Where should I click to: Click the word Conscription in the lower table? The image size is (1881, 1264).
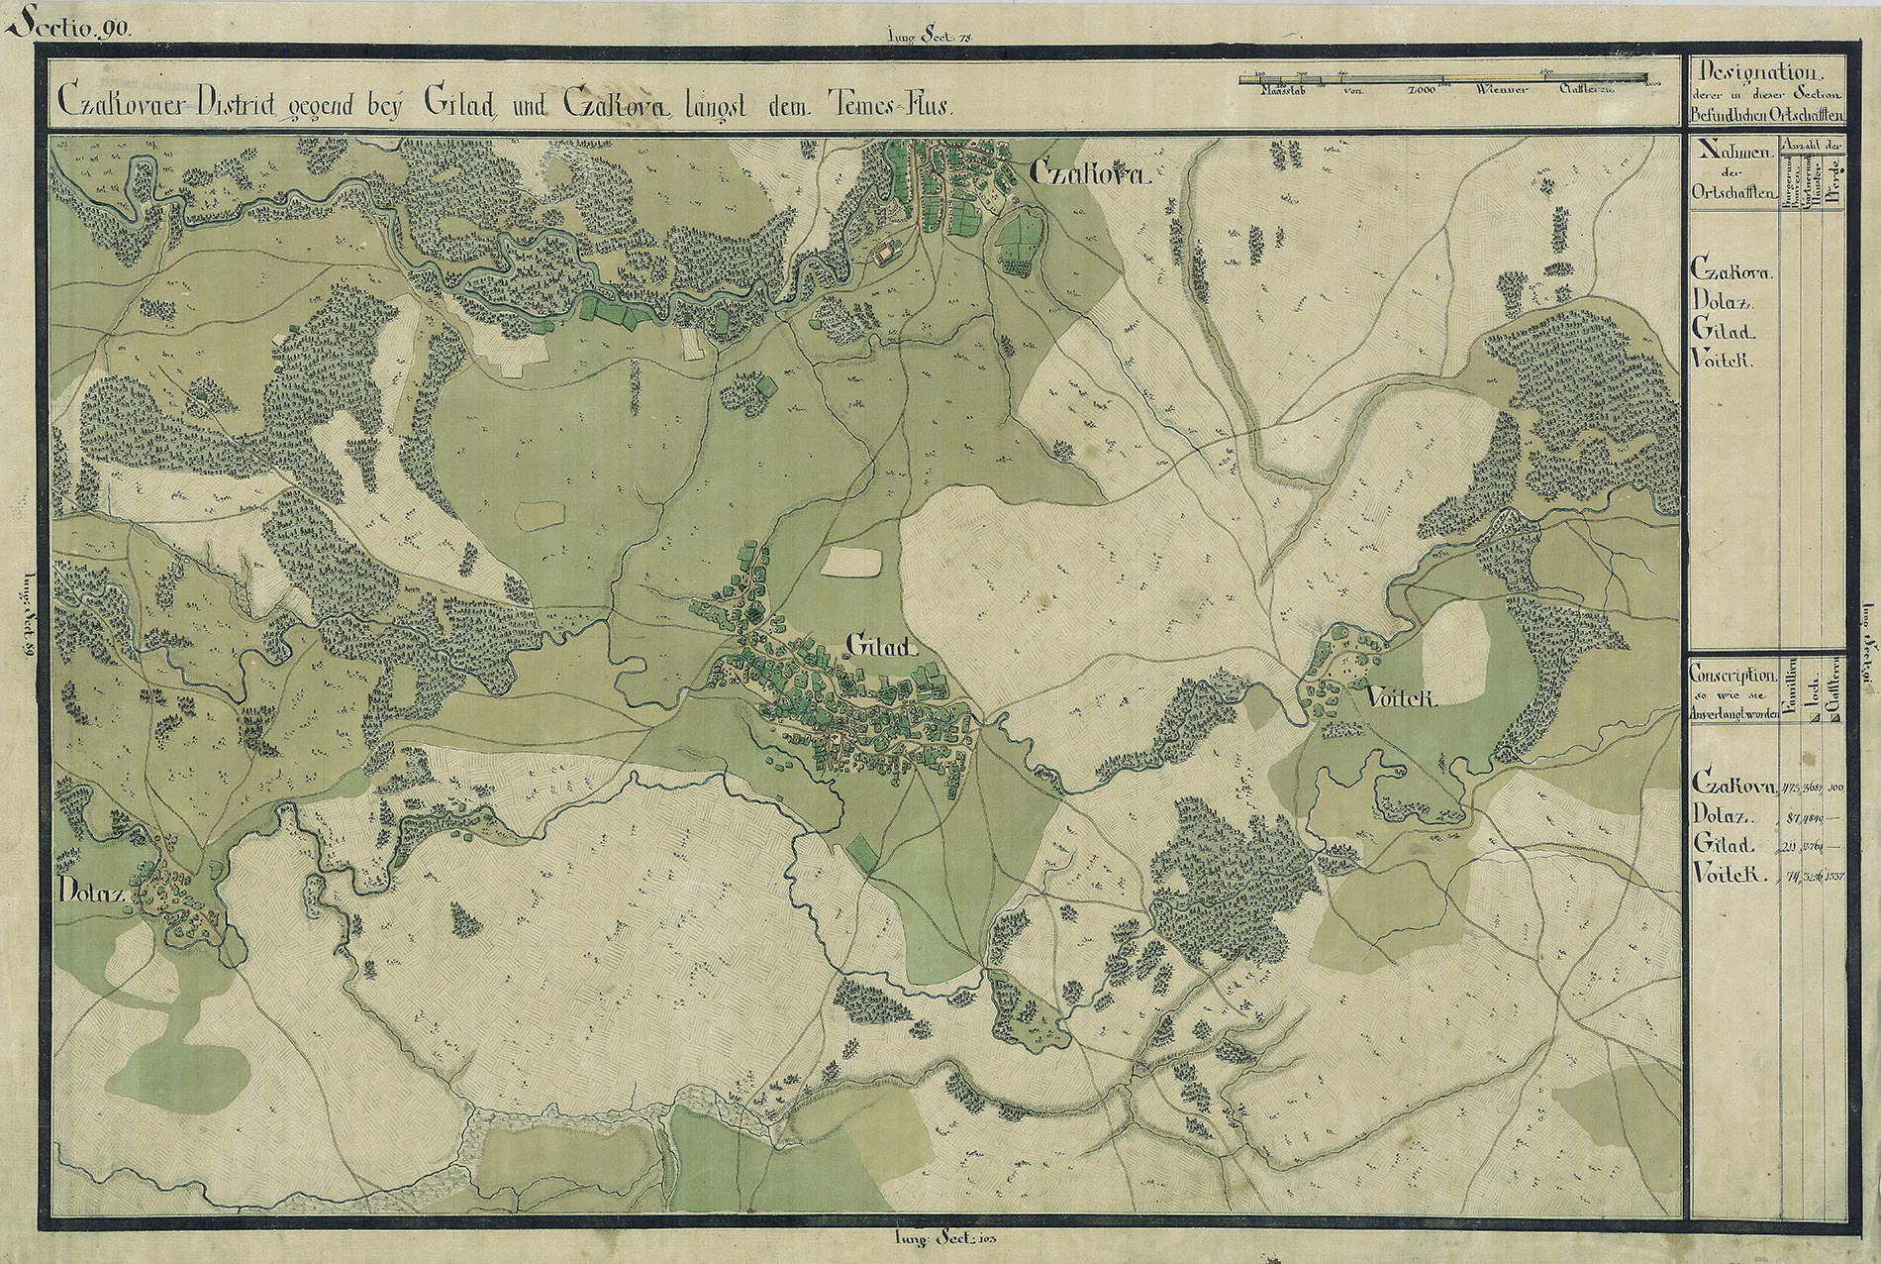coord(1732,673)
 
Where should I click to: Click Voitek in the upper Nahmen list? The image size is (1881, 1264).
coord(1724,362)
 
